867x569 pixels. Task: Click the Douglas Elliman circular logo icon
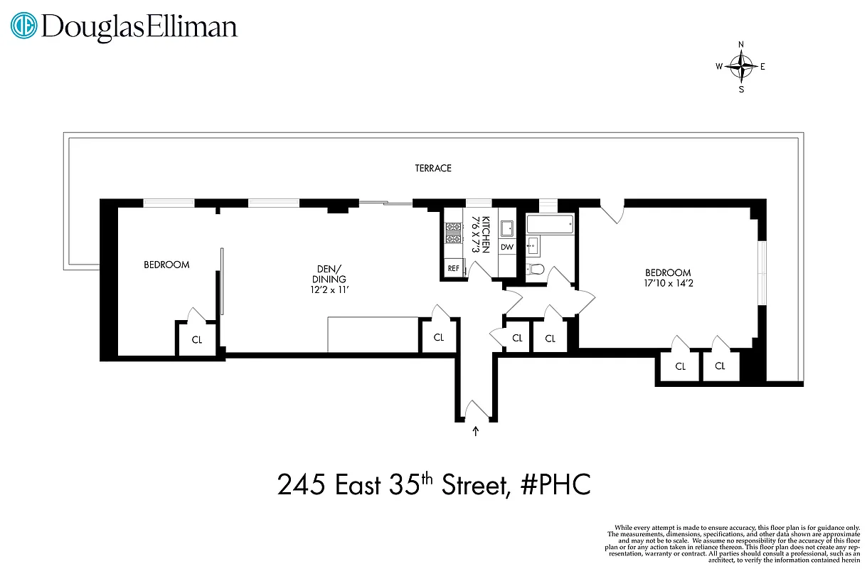tap(23, 26)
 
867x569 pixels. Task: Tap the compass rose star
tap(741, 68)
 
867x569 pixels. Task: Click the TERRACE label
tap(433, 169)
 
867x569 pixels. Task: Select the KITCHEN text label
tap(486, 234)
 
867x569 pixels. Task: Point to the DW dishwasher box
tap(506, 247)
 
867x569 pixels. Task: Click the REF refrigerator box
tap(453, 268)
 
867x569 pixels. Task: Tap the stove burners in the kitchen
tap(453, 233)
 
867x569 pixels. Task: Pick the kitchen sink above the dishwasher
tap(506, 228)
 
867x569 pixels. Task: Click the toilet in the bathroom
tap(536, 269)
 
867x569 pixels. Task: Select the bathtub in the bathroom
tap(549, 225)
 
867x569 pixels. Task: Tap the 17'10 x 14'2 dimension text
tap(667, 284)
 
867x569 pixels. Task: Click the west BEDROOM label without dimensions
tap(166, 265)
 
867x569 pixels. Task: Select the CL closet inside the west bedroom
tap(197, 340)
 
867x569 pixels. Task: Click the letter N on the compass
tap(741, 45)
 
